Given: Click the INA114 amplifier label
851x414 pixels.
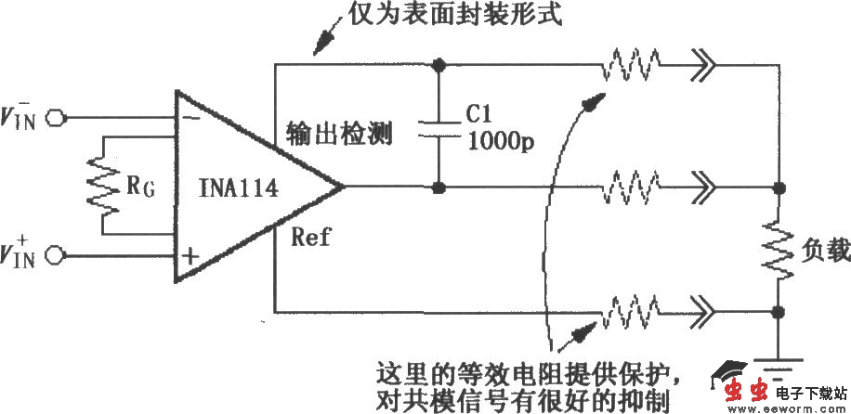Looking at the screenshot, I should click(x=239, y=189).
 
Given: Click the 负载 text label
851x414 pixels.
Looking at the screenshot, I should click(x=818, y=251).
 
